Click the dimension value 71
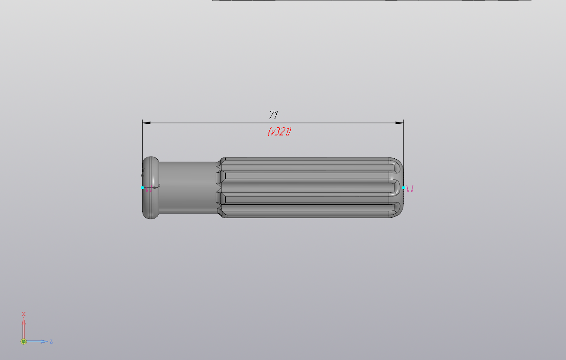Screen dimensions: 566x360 (273, 115)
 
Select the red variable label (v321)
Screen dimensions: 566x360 (279, 132)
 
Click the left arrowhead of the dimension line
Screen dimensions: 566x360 (147, 123)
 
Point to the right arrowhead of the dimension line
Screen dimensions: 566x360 (399, 123)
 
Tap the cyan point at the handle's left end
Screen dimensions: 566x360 (143, 188)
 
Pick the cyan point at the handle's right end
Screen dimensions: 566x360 (403, 188)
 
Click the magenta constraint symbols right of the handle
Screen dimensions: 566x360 (410, 189)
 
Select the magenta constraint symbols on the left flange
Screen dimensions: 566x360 (149, 189)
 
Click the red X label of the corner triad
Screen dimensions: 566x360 (23, 314)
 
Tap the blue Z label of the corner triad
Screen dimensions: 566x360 (51, 341)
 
